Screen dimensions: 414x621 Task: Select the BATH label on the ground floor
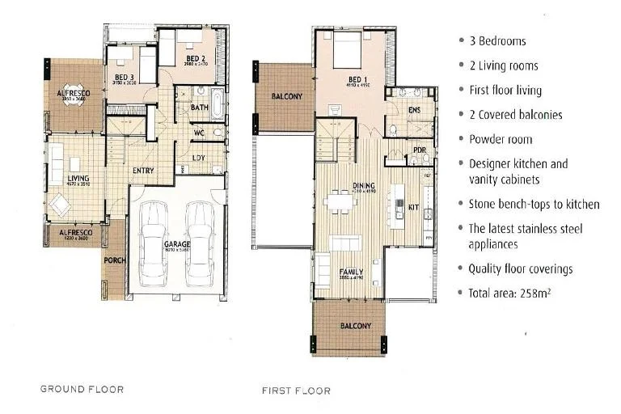point(200,107)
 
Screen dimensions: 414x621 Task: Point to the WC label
point(199,133)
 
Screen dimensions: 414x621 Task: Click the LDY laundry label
point(199,158)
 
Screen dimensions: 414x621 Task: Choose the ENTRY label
point(144,171)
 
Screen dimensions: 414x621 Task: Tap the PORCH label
point(114,261)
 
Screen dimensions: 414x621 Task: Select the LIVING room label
point(78,178)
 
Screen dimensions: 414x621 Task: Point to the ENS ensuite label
point(414,110)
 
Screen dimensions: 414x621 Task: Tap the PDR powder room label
point(419,150)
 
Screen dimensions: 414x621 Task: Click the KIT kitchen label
point(413,207)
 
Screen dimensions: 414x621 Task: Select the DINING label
point(364,186)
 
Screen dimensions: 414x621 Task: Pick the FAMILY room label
point(351,272)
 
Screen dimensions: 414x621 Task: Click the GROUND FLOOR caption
point(82,389)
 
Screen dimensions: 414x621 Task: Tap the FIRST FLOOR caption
point(296,391)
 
